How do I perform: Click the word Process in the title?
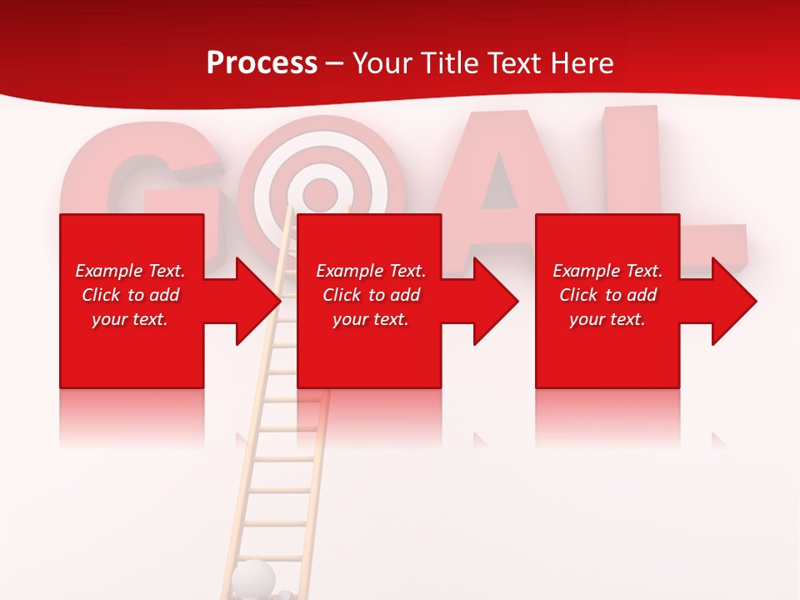(x=262, y=63)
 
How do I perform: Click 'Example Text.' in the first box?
(x=130, y=271)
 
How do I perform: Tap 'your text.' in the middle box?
(x=371, y=319)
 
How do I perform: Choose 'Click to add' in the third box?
(x=607, y=295)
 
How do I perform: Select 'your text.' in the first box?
(x=130, y=319)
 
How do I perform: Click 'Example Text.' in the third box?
(x=607, y=271)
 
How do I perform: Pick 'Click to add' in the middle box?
(x=371, y=295)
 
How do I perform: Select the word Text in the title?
(x=512, y=63)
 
